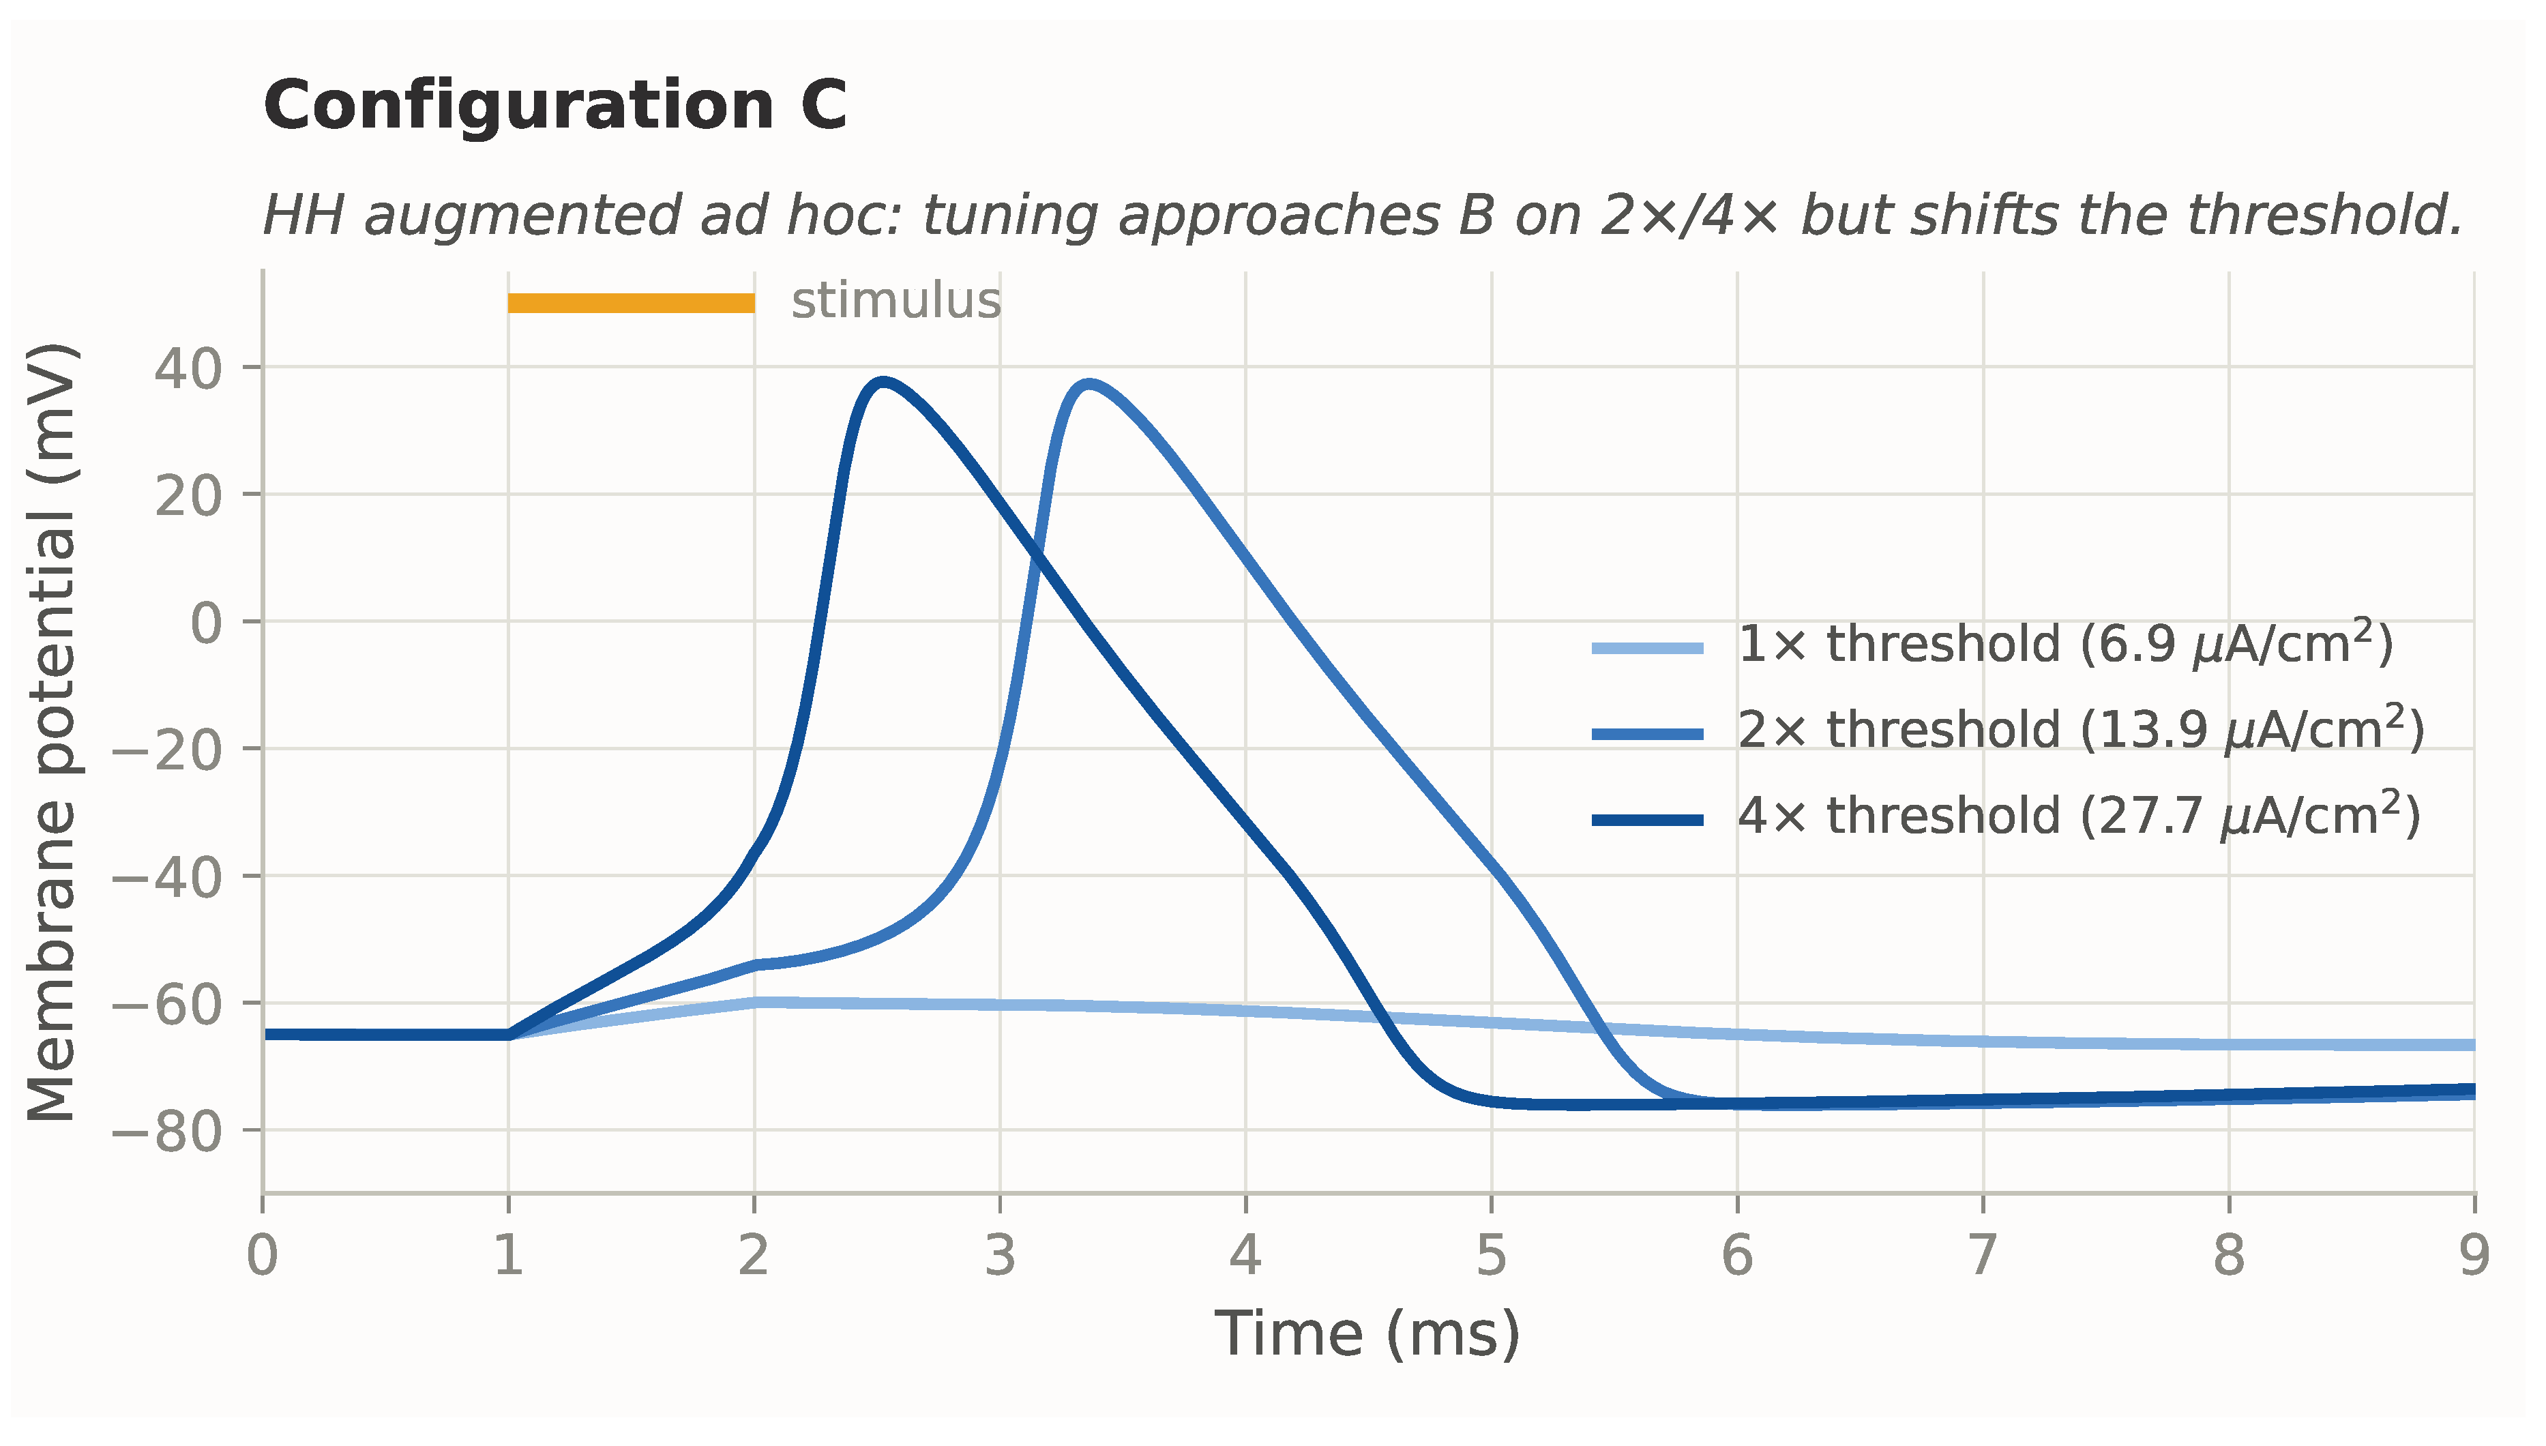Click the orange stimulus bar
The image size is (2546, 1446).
[632, 303]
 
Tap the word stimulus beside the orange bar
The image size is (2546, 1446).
[895, 301]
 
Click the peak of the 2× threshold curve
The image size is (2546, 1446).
[1089, 383]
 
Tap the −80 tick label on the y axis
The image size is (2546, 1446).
[167, 1133]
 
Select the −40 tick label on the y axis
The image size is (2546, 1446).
[167, 879]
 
